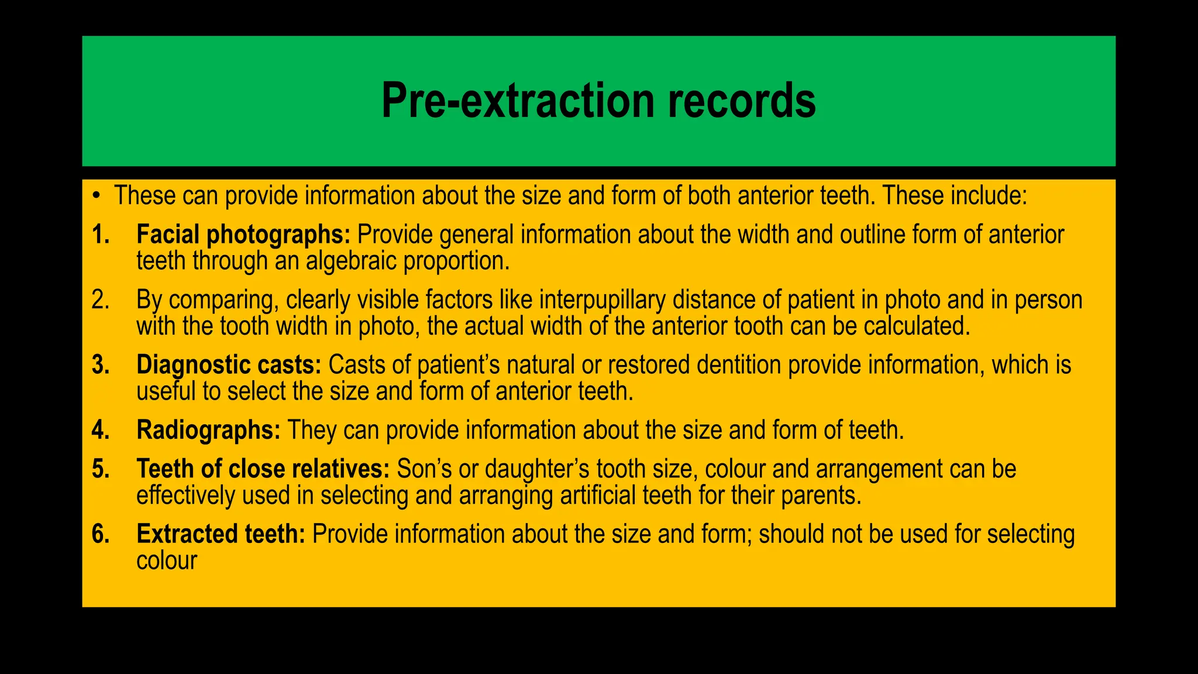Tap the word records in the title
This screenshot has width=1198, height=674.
point(741,101)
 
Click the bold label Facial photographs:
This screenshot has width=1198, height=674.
point(243,235)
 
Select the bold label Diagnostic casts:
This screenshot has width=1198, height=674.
point(229,365)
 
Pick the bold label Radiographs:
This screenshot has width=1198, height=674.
point(208,431)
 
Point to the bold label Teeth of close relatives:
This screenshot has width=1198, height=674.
point(263,469)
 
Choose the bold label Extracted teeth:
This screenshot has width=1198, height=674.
point(221,535)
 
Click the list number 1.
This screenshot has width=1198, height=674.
point(101,235)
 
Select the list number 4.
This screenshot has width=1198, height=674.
point(101,431)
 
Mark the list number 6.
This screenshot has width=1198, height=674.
point(101,535)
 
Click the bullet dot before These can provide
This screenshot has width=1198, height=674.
point(96,195)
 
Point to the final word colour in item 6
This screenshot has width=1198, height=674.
point(167,560)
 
